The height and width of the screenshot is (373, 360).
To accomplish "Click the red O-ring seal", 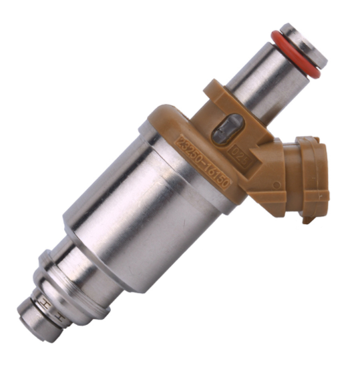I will point(295,53).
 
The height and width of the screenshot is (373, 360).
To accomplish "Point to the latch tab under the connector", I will point(308,216).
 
